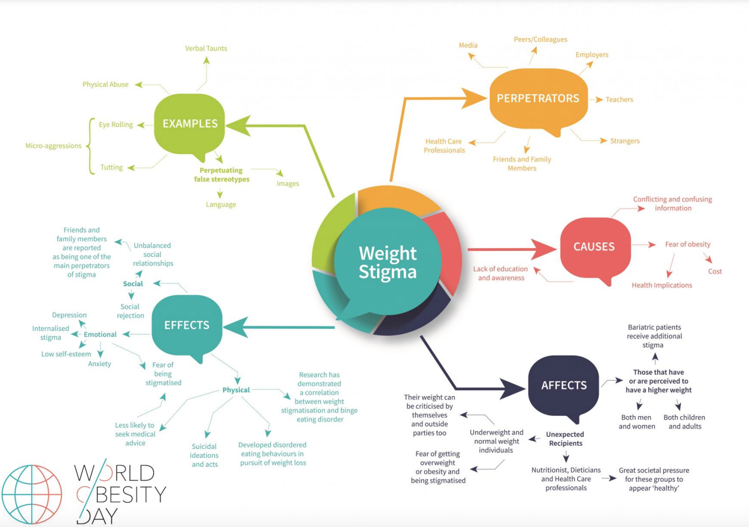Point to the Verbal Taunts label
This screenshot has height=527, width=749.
pos(206,48)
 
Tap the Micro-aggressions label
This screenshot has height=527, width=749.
pos(53,146)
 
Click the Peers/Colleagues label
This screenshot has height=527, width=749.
pos(540,39)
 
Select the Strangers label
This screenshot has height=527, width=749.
pos(625,141)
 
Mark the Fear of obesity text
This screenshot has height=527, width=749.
pos(688,244)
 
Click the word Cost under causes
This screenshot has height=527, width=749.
pos(715,272)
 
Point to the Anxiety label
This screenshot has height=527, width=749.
pos(99,364)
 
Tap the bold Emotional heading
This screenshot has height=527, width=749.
pos(100,335)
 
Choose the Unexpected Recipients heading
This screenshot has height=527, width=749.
pos(565,439)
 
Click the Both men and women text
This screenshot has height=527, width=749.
pos(637,422)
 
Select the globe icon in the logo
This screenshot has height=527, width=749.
pos(32,494)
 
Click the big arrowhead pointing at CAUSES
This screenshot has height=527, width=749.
pos(544,249)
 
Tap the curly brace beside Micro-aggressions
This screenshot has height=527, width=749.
pos(90,146)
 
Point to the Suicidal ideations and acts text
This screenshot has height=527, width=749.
pos(204,455)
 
